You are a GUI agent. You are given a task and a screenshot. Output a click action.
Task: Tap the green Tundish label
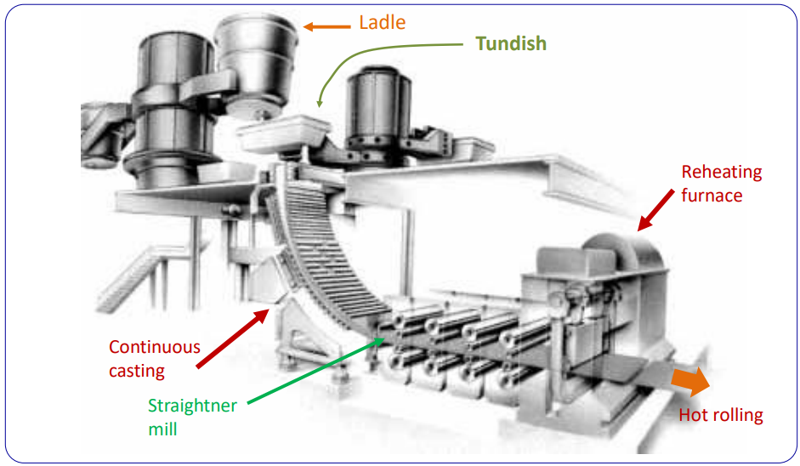(511, 43)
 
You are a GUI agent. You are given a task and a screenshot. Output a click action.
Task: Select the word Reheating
(722, 173)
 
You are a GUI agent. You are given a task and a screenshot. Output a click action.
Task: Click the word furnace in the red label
(712, 196)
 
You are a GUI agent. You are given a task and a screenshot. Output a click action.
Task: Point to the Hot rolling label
(721, 416)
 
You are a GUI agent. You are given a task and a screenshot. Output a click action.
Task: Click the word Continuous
(155, 347)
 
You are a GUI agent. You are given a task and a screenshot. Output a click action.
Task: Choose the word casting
(136, 371)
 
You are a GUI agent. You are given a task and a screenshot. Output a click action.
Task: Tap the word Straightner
(192, 406)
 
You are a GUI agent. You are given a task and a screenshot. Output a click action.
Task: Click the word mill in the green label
(162, 429)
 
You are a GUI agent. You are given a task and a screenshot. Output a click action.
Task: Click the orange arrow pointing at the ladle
(327, 26)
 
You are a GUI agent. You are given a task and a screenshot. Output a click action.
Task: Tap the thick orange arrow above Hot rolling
(689, 382)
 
